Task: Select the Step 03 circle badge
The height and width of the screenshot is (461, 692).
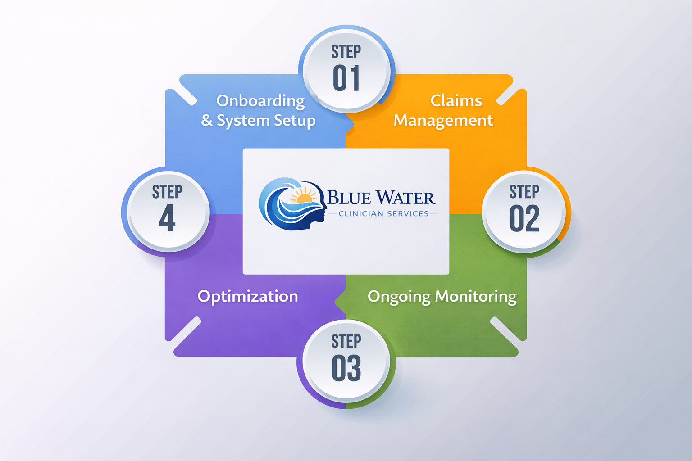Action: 346,360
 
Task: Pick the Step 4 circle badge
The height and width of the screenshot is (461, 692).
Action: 168,210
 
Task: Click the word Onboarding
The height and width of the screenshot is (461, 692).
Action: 260,101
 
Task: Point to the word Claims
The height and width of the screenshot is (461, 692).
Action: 456,100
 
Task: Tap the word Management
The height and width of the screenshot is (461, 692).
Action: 443,121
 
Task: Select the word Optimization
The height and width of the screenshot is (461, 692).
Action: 248,296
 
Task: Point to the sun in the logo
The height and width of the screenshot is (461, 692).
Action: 304,197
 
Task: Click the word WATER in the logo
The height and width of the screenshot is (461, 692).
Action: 405,198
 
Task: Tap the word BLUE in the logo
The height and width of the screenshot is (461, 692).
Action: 349,198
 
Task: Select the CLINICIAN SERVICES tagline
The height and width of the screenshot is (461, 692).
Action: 383,214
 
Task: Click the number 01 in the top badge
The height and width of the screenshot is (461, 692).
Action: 346,78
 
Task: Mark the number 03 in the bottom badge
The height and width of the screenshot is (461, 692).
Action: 346,368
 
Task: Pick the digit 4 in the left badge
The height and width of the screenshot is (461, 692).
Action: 167,218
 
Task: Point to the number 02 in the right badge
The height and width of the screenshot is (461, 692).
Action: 524,219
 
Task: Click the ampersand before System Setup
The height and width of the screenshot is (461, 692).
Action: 207,121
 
